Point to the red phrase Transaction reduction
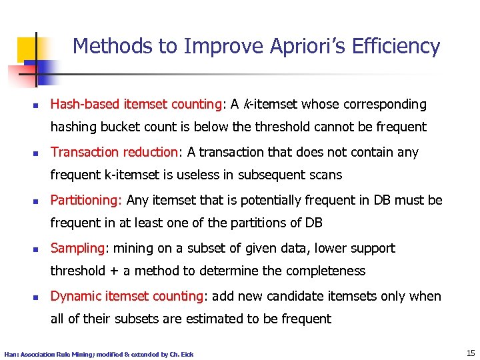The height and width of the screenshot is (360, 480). pos(114,152)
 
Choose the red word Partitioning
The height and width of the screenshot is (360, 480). pos(86,200)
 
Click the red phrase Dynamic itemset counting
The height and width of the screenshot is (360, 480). pos(127,296)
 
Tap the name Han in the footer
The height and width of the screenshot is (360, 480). pos(11,354)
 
